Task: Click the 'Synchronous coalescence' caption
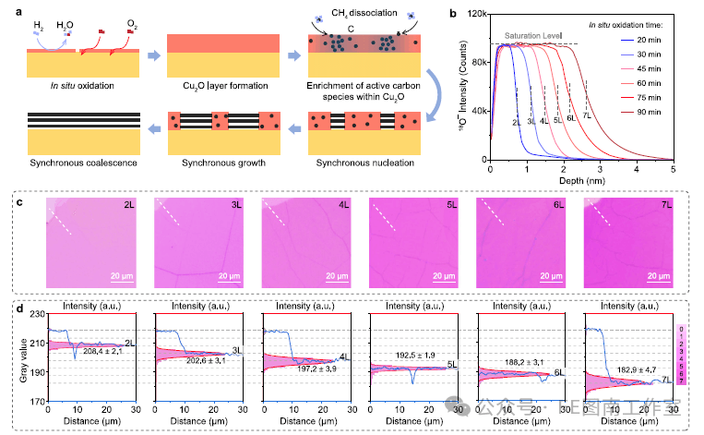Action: (x=83, y=163)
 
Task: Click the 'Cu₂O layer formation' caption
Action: (x=222, y=87)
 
